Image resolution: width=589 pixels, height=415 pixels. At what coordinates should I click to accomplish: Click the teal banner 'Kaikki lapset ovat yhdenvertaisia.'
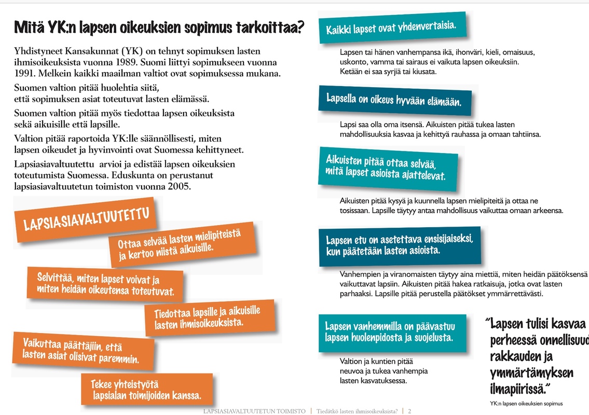[x=391, y=28]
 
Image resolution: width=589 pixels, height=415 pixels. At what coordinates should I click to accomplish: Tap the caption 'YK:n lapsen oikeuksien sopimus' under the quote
[x=526, y=403]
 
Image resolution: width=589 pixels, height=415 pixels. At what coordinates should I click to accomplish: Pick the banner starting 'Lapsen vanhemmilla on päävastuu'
[x=390, y=332]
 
